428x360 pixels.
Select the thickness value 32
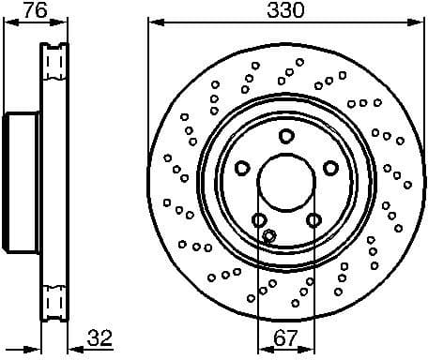99,338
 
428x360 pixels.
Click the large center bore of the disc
285,179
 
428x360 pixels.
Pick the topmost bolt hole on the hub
285,136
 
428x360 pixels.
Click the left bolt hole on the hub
241,168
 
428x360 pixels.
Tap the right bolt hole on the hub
330,168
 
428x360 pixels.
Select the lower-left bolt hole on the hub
258,220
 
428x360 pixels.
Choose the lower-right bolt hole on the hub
313,220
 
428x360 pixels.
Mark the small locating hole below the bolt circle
269,235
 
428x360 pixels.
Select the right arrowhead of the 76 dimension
66,22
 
